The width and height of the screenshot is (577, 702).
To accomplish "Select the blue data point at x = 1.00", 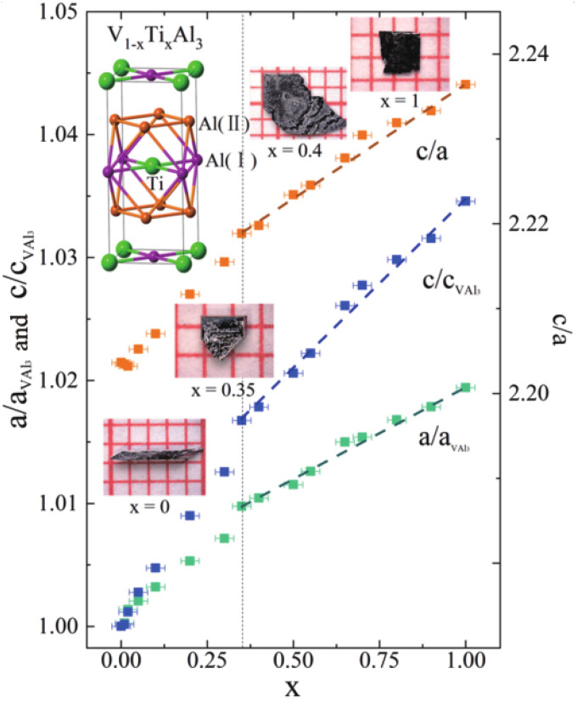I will tap(465, 201).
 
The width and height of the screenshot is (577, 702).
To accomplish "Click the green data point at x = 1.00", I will tap(465, 387).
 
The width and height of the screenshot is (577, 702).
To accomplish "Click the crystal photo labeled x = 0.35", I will tap(224, 340).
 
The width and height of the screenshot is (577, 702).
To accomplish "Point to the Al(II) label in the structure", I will tap(225, 124).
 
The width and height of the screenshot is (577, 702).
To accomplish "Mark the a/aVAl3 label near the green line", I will tap(443, 441).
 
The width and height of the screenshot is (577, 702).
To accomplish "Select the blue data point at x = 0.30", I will tap(224, 472).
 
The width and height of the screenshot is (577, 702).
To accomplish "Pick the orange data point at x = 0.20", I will tap(190, 294).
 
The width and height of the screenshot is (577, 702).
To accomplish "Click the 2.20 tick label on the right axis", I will tap(526, 394).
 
